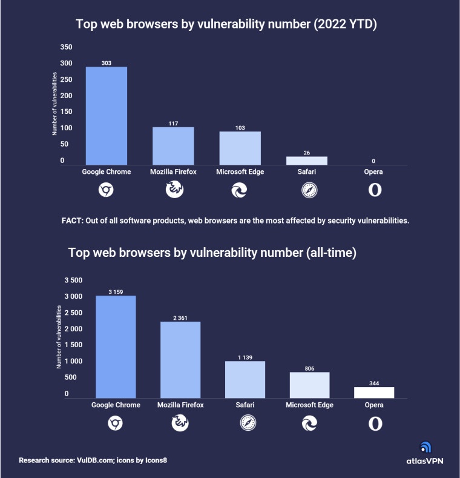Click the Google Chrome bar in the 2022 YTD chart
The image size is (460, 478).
pos(107,115)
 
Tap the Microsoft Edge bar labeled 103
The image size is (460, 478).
pos(240,148)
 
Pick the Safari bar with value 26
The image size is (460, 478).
pos(306,161)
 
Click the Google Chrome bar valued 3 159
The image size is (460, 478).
pos(116,347)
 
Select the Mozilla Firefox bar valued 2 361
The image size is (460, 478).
pos(180,359)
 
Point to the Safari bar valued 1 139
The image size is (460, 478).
pos(245,379)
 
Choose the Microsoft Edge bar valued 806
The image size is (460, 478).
pos(309,385)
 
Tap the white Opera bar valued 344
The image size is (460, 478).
pos(374,392)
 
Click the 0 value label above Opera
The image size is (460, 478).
pos(373,161)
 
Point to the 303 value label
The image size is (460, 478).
pos(107,63)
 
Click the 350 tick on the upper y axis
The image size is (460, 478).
pos(67,47)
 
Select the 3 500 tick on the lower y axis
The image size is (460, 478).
pos(73,280)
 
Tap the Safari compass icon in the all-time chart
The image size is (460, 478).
pos(245,423)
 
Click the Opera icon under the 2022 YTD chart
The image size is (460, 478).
pos(375,190)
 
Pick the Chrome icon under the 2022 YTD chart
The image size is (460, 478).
pos(107,190)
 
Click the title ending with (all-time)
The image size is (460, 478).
pos(212,253)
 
